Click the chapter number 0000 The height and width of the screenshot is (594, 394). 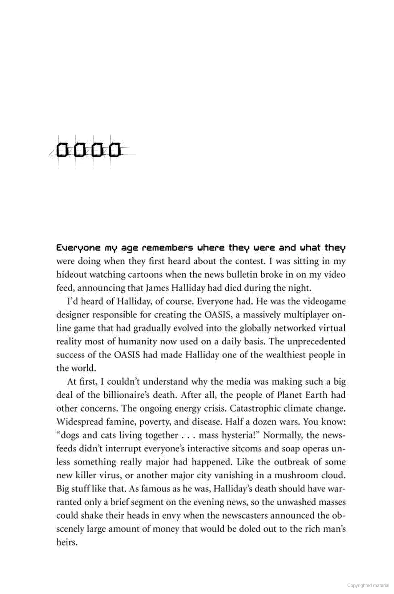coord(89,150)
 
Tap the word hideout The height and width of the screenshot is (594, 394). coord(70,275)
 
